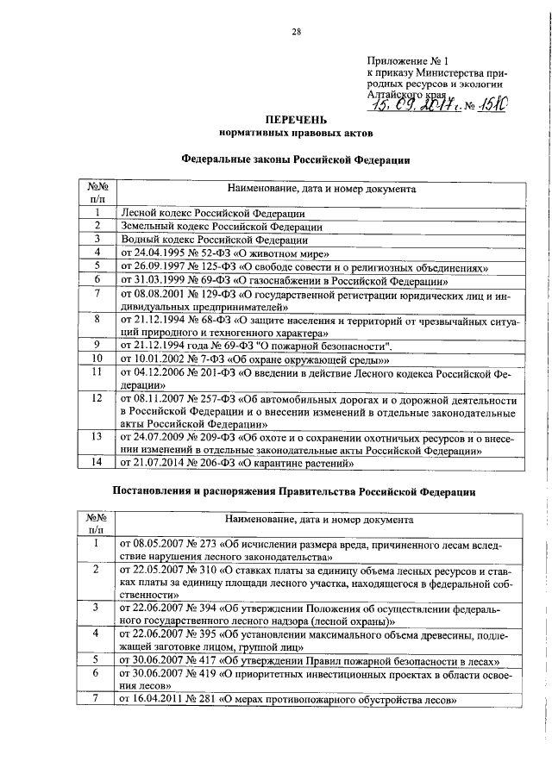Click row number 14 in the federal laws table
[97, 463]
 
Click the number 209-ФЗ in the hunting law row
[222, 437]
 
